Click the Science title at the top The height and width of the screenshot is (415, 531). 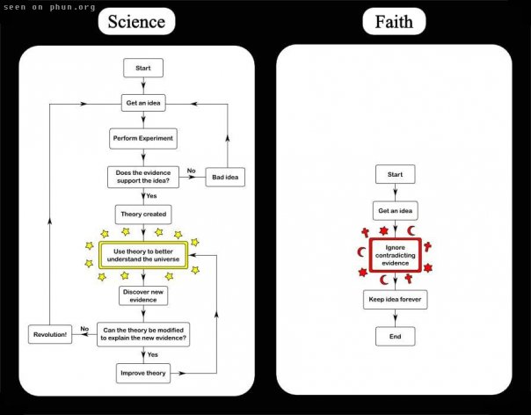tap(136, 21)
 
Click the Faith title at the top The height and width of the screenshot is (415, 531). tap(394, 21)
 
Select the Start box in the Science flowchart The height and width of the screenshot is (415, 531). tap(143, 68)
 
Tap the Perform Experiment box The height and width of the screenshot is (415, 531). tap(143, 138)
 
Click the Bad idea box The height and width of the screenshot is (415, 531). tap(225, 177)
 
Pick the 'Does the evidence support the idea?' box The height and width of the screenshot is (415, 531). tap(143, 177)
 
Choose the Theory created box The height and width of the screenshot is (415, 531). tap(143, 215)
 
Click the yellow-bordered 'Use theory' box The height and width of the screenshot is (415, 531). tap(143, 255)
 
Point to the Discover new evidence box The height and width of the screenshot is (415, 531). tap(143, 295)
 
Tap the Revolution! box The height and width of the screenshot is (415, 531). tap(50, 334)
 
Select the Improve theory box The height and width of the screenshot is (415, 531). tap(143, 373)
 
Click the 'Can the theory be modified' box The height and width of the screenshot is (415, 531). tap(143, 334)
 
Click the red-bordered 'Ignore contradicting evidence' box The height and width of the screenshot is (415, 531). tap(396, 255)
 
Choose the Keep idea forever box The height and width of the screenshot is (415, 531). tap(396, 299)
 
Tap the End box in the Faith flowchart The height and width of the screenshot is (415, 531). tap(396, 336)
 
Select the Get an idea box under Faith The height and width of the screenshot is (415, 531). tap(396, 210)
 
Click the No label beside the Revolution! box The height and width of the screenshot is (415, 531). tap(84, 329)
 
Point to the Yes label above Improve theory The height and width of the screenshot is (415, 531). tap(152, 354)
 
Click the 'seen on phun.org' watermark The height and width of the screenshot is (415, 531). tap(49, 7)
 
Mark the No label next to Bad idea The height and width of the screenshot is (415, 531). tap(192, 171)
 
